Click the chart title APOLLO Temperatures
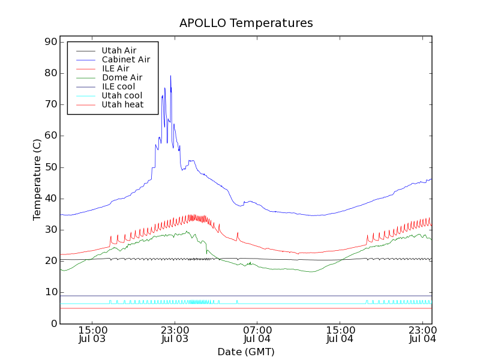tap(246, 23)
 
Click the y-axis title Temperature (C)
tap(37, 180)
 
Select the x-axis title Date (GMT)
tap(246, 352)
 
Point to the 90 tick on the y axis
tap(50, 42)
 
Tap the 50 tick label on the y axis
tap(50, 167)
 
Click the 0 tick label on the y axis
tap(53, 323)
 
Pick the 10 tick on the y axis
tap(50, 292)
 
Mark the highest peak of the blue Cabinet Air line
tap(170, 76)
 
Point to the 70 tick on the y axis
tap(50, 104)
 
